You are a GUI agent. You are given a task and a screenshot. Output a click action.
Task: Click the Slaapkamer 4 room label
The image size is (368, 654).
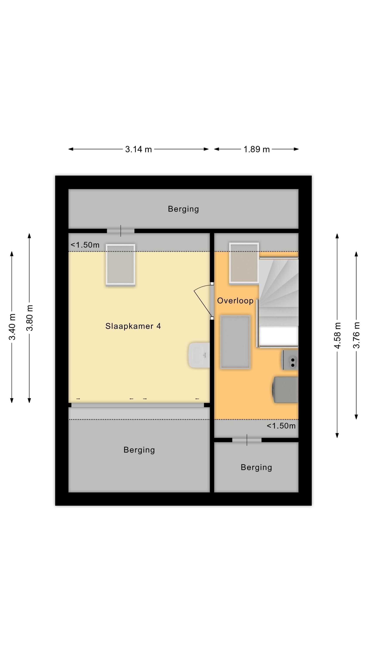[133, 326]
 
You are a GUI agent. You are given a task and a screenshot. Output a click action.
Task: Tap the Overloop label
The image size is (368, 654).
[235, 301]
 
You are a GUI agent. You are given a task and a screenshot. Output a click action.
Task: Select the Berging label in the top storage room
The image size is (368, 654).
[183, 209]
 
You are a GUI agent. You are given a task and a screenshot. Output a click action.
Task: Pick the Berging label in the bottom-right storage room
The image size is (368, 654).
[256, 467]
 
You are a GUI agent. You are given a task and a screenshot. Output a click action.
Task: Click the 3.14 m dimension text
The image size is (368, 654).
[138, 149]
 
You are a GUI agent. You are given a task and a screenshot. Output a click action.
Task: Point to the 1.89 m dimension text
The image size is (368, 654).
[257, 149]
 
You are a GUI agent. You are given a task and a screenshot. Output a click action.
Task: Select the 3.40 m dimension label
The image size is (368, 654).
[12, 327]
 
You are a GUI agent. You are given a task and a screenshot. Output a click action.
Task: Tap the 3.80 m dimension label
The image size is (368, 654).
[30, 318]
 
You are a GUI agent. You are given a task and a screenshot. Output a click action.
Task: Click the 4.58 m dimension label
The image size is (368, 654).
[337, 335]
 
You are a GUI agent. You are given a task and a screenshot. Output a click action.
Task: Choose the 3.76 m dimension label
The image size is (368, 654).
[356, 335]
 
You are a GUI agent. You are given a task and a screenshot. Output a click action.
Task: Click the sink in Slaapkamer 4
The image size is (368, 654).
[199, 355]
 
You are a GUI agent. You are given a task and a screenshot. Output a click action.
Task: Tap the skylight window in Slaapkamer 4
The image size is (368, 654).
[120, 265]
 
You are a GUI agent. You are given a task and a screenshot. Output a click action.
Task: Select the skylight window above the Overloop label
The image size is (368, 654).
[244, 263]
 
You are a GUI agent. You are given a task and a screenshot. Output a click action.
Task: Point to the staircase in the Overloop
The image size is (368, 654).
[278, 302]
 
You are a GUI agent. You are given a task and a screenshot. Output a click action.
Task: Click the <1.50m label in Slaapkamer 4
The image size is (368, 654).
[85, 245]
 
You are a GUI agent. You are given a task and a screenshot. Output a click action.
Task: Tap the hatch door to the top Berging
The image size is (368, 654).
[120, 231]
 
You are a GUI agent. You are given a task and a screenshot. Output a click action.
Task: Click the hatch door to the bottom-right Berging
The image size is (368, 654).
[247, 440]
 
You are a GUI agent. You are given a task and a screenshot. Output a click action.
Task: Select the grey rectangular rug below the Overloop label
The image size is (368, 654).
[235, 342]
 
